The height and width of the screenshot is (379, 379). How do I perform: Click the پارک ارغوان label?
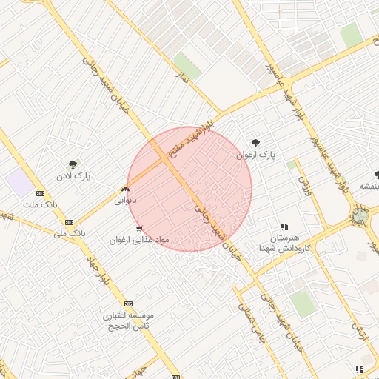[x=255, y=155]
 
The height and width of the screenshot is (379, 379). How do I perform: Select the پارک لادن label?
[x=73, y=178]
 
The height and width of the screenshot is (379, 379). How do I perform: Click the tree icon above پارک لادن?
[x=73, y=165]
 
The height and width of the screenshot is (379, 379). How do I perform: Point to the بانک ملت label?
[x=40, y=204]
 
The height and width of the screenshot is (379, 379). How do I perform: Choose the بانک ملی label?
[x=70, y=232]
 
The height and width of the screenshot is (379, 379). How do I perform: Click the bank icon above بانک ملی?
[x=69, y=221]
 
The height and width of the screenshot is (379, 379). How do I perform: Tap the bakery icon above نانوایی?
[x=124, y=188]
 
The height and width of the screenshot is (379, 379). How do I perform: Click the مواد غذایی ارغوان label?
[x=140, y=240]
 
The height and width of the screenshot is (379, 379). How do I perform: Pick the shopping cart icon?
[x=139, y=228]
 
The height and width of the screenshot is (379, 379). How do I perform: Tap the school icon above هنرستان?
[x=284, y=227]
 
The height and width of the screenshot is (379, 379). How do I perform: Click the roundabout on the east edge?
[x=360, y=215]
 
